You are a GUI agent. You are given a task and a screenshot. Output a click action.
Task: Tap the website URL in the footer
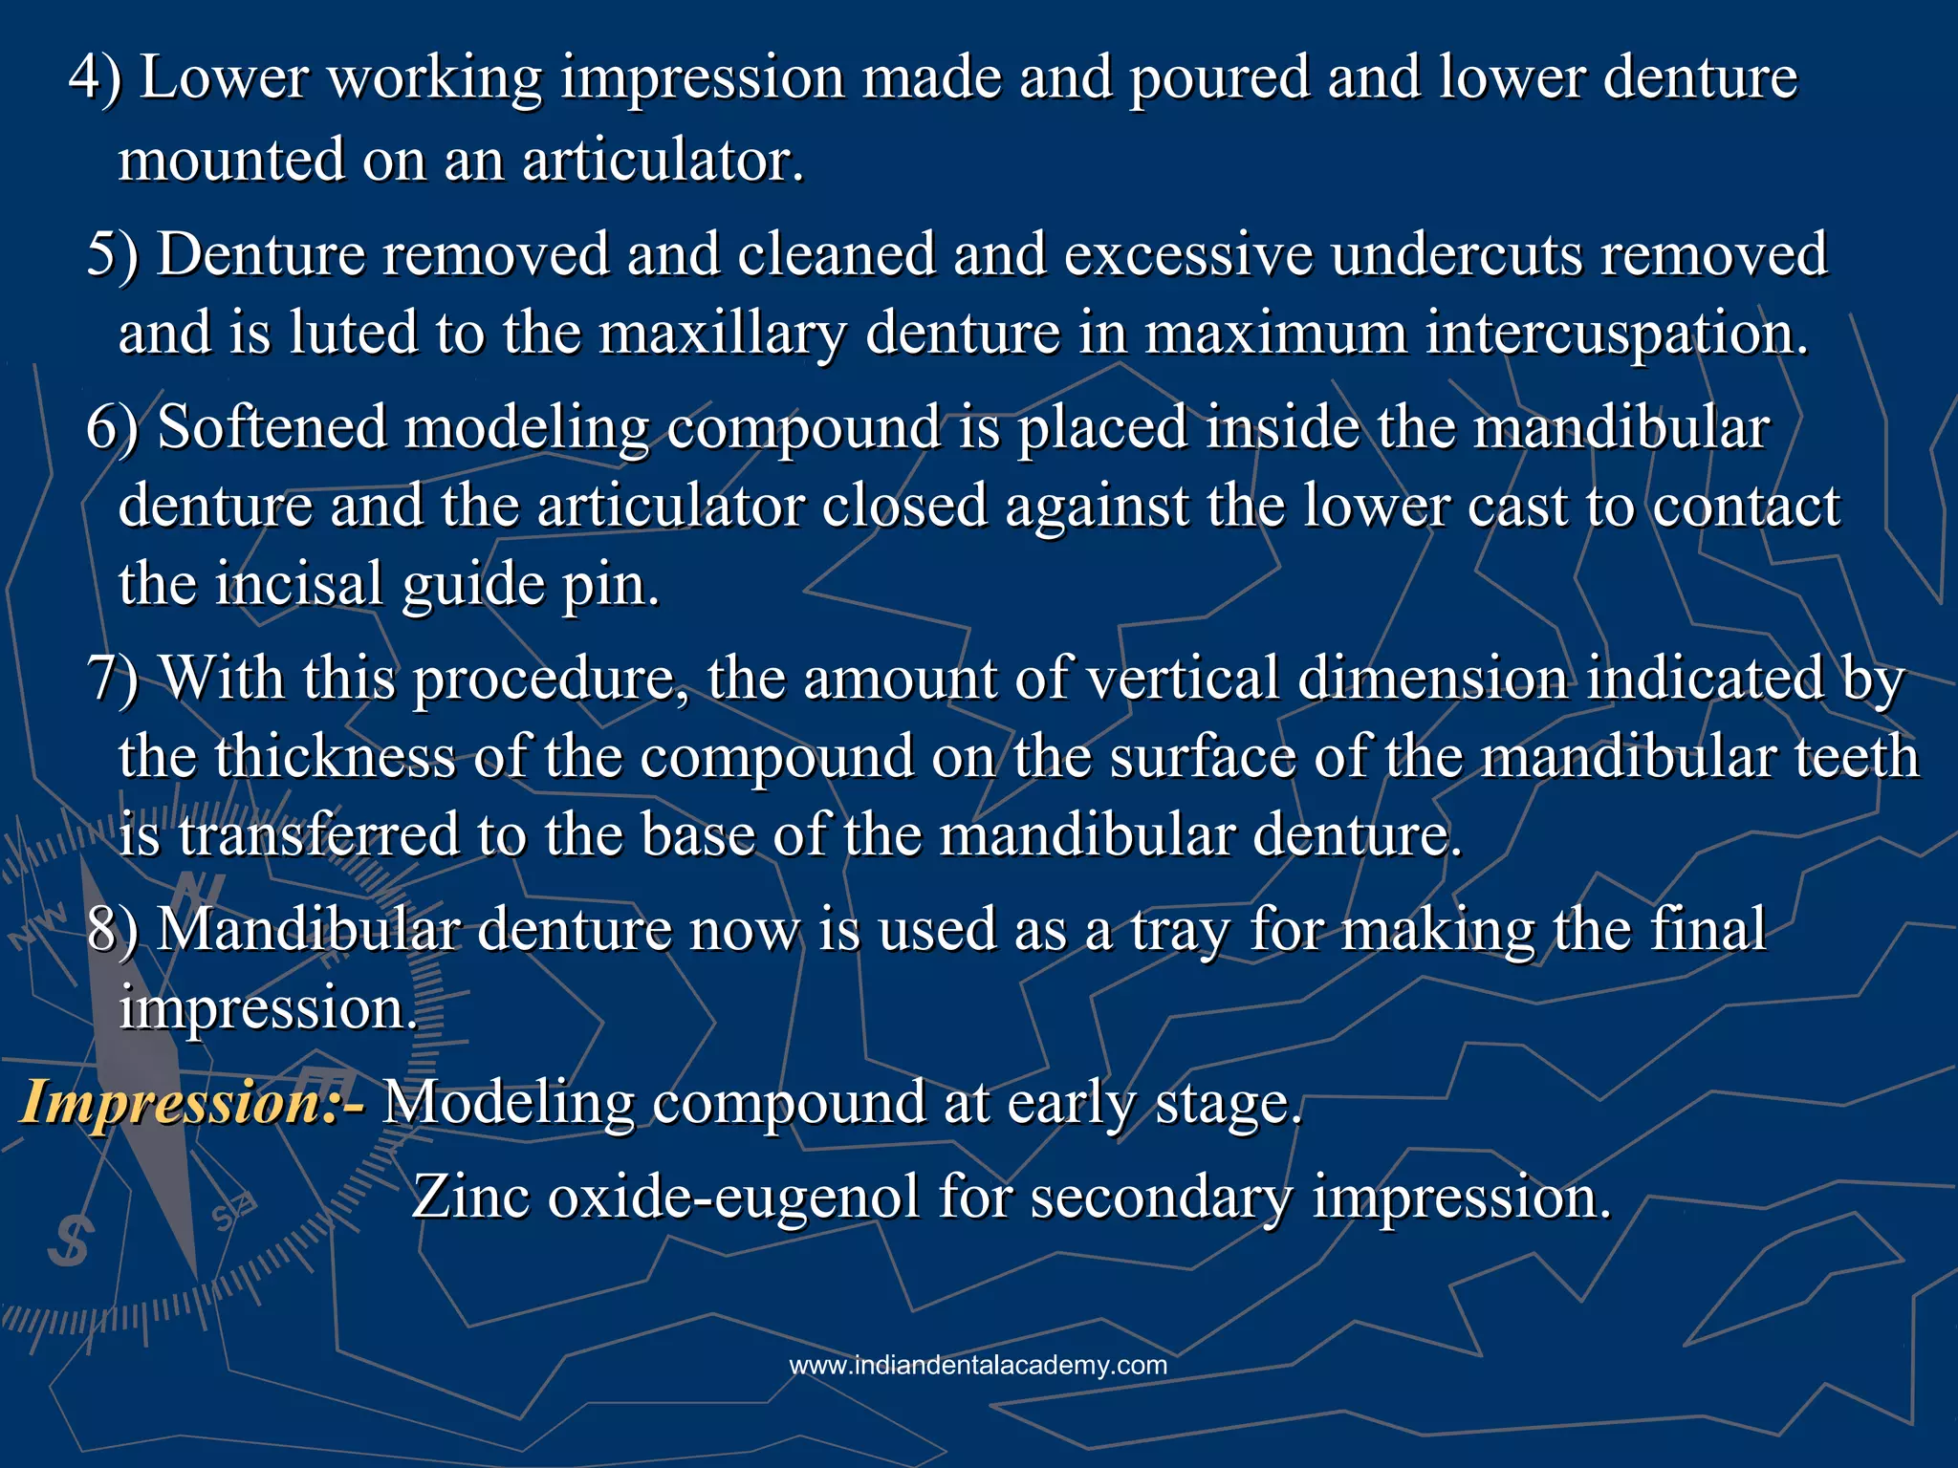pos(978,1365)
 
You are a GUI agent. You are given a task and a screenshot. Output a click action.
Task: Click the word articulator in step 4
pos(662,161)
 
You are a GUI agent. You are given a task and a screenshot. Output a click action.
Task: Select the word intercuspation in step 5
pos(1617,334)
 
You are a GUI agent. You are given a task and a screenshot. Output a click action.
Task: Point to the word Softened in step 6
pos(272,426)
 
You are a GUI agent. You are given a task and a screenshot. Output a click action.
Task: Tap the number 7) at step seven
pos(111,680)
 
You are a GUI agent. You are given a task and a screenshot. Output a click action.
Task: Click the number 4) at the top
pos(95,77)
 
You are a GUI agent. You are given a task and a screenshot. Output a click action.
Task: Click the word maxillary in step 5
pos(723,335)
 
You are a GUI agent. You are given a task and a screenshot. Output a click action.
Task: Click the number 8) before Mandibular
pos(112,930)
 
